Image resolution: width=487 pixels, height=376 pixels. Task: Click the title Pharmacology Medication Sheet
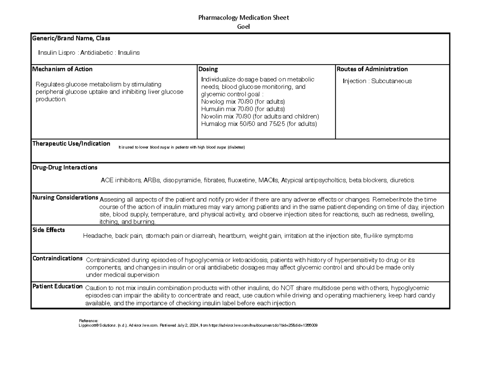click(243, 17)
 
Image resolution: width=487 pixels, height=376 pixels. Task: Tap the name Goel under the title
click(243, 27)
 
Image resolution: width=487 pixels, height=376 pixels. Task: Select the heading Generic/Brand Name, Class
click(71, 38)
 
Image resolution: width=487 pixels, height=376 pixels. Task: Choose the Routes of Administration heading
click(372, 69)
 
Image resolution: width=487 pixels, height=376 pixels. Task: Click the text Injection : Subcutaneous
click(377, 81)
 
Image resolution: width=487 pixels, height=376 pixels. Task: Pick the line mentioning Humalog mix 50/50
click(259, 124)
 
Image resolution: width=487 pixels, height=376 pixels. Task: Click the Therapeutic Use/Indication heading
click(71, 144)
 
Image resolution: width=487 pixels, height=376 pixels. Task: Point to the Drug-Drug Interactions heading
click(65, 167)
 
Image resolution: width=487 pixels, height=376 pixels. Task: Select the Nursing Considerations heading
click(65, 198)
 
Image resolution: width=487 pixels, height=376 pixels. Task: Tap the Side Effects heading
click(48, 230)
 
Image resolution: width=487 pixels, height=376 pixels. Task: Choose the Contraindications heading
click(58, 258)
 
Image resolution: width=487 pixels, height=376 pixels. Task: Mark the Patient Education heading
click(57, 286)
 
